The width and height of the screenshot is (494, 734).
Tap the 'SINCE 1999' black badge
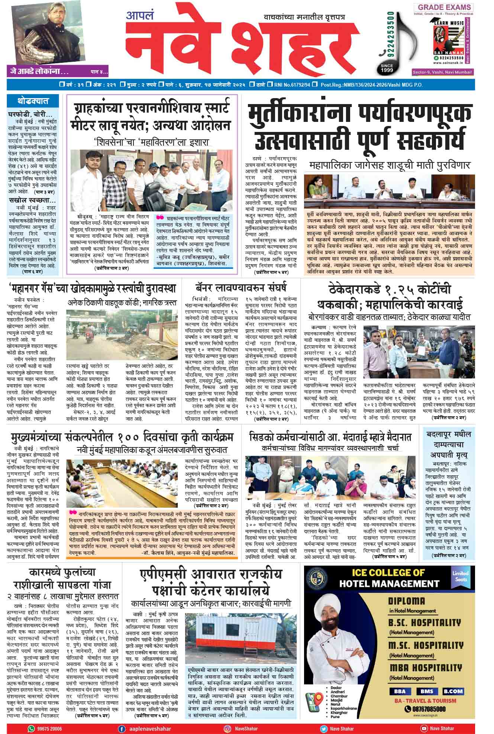coord(387,68)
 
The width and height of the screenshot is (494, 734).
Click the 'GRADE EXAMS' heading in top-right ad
coord(444,7)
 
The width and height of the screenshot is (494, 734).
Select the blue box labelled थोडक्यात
coord(33,101)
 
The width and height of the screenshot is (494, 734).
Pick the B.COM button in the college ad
coord(453,692)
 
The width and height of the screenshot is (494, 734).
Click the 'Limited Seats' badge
coord(460,576)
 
